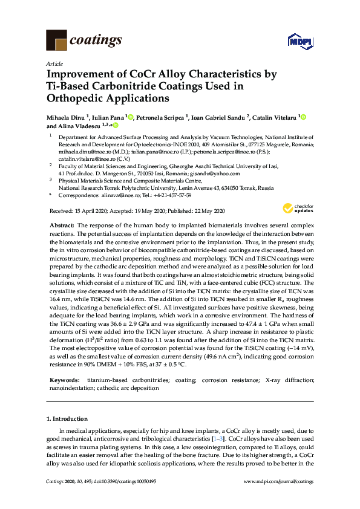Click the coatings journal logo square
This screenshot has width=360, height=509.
click(x=57, y=41)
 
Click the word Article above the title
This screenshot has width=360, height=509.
click(x=53, y=63)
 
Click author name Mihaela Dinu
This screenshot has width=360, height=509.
click(x=67, y=117)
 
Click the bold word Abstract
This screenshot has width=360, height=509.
click(x=61, y=225)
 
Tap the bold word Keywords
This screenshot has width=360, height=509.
click(x=63, y=380)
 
